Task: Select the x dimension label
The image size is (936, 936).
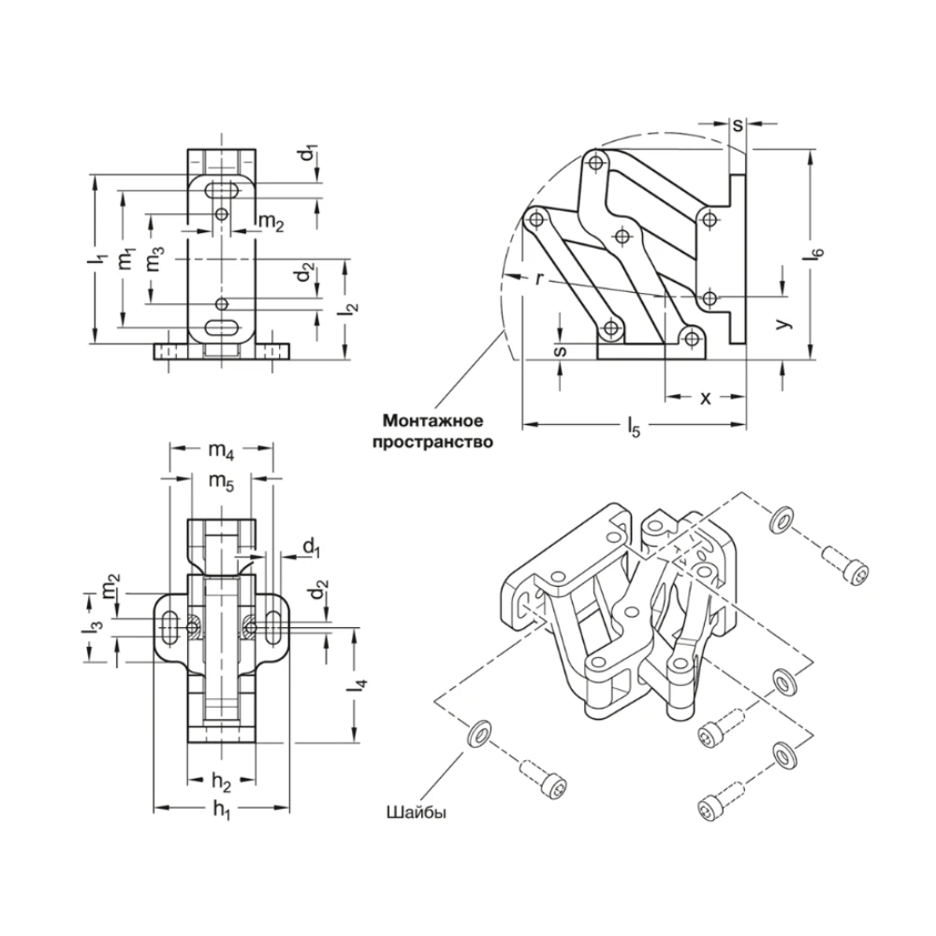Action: (706, 397)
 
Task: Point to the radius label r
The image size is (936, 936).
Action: (540, 277)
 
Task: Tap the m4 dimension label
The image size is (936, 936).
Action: (221, 453)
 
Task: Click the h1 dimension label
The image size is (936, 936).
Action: (221, 812)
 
